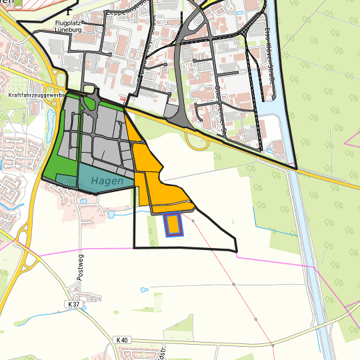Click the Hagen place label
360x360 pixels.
[107, 181]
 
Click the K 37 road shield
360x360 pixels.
[73, 304]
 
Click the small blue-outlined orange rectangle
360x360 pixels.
[173, 225]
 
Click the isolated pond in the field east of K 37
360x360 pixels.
[143, 290]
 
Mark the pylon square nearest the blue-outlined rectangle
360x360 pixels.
[193, 220]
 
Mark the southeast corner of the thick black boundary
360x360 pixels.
[237, 251]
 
